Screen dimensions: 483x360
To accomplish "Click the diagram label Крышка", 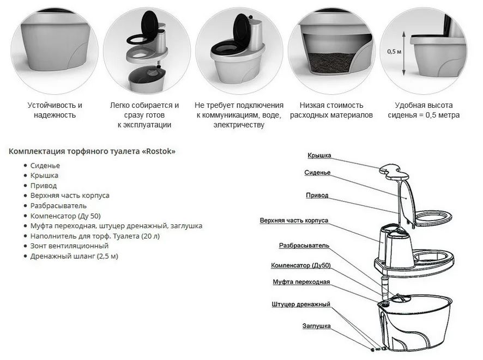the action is (x=319, y=155).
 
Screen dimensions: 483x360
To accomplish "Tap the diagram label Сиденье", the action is (x=317, y=173).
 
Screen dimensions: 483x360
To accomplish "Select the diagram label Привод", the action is (x=317, y=196).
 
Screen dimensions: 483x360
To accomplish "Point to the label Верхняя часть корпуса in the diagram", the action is (x=294, y=221).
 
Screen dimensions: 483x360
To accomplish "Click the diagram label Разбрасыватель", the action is (x=304, y=246).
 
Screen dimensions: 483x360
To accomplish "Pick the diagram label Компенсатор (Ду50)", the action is (x=300, y=265).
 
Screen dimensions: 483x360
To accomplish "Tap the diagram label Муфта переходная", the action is (x=301, y=282).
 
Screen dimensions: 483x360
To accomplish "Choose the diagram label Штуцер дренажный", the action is (x=301, y=304).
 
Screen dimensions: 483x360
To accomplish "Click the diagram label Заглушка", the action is (x=316, y=326).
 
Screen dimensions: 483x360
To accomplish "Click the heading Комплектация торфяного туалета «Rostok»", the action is (x=92, y=151).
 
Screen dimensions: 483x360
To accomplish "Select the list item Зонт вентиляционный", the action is (x=69, y=246).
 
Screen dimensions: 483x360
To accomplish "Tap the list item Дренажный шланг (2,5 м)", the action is (x=74, y=257).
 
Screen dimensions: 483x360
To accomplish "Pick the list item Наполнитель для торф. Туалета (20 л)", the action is (x=95, y=236).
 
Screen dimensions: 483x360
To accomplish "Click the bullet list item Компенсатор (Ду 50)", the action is (x=65, y=216).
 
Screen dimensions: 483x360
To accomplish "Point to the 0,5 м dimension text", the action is (x=394, y=51).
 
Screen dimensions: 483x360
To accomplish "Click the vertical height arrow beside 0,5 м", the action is (x=404, y=53).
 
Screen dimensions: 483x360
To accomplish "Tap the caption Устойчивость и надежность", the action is (x=55, y=110).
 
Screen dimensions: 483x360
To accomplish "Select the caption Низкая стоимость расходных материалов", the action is (x=331, y=110).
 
